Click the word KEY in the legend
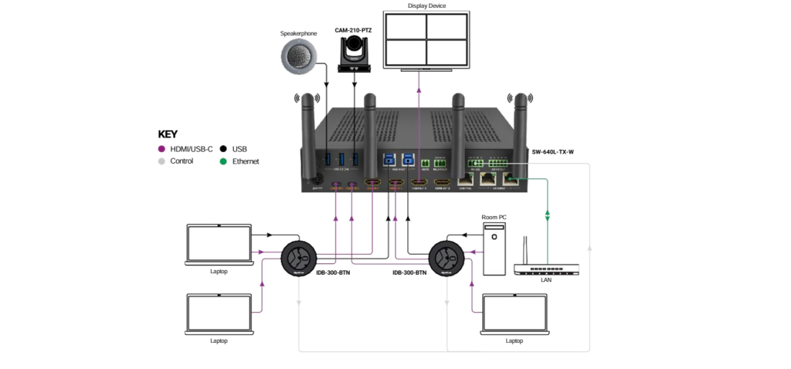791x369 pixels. [168, 134]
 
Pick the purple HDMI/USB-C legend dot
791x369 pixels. [161, 148]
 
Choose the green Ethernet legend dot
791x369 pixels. [223, 161]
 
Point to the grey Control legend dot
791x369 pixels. [161, 161]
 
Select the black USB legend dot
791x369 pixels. [223, 148]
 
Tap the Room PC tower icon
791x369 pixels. [494, 249]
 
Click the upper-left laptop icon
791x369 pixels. [219, 245]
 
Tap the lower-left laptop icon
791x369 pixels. [219, 314]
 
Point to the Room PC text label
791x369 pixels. [494, 217]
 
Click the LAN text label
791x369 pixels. [546, 279]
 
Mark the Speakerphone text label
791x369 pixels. [299, 33]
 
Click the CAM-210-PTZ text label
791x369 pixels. [355, 29]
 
